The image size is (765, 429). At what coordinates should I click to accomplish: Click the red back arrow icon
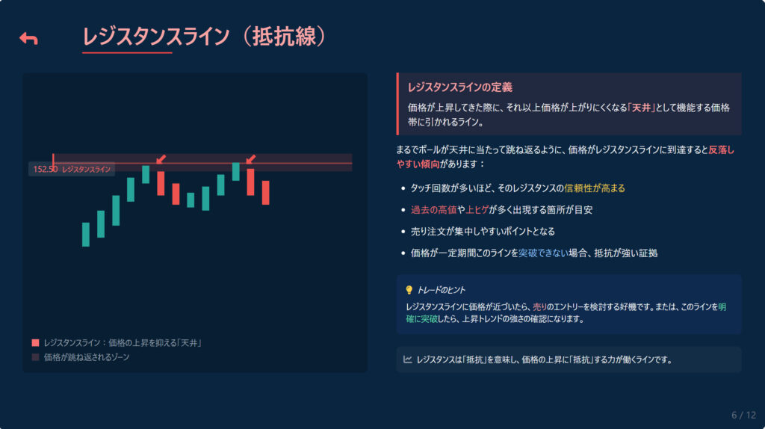(x=28, y=39)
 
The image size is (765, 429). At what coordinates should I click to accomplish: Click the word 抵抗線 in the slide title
(x=285, y=37)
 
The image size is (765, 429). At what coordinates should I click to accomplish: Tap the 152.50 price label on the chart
(x=46, y=170)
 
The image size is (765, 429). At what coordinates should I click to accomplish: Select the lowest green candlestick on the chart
(x=86, y=235)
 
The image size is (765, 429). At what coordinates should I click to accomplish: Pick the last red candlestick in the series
(x=265, y=193)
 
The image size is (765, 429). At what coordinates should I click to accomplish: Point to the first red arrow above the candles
(x=161, y=159)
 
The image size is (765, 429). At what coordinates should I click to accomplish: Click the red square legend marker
(x=35, y=343)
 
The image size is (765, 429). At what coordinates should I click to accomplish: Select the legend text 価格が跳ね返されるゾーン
(x=87, y=357)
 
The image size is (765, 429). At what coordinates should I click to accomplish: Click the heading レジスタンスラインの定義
(x=460, y=87)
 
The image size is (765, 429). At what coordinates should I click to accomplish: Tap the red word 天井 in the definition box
(x=641, y=108)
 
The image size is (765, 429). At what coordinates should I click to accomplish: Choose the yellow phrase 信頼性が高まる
(x=594, y=188)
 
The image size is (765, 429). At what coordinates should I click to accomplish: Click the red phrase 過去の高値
(x=433, y=210)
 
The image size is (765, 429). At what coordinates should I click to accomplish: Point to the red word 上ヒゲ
(x=477, y=210)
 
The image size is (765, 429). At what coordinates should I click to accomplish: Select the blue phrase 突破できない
(x=543, y=253)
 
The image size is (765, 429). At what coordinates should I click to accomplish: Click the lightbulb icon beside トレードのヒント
(x=409, y=290)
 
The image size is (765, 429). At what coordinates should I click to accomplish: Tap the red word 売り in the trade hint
(x=539, y=307)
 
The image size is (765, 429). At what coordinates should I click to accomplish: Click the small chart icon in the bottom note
(x=408, y=359)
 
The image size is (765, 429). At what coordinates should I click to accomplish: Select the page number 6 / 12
(x=743, y=416)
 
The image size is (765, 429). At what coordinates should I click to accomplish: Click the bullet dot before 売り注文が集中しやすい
(x=403, y=232)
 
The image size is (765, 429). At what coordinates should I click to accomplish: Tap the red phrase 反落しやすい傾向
(x=565, y=157)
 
